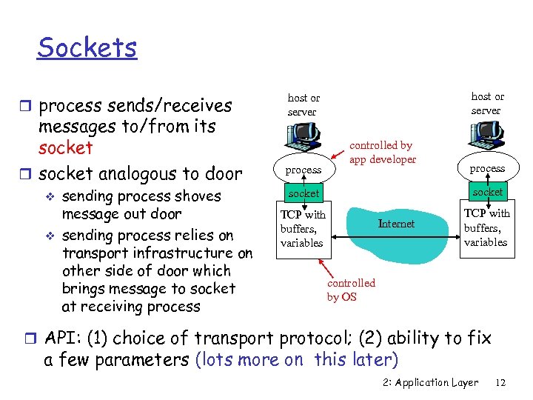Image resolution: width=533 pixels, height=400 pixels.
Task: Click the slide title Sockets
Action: coord(87,48)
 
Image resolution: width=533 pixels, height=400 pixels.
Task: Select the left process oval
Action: coord(304,170)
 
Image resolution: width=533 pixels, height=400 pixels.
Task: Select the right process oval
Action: coord(487,168)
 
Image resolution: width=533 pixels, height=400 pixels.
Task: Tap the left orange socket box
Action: coord(304,193)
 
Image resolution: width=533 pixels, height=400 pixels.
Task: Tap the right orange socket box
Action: coord(487,192)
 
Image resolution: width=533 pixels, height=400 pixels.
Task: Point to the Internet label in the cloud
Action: coord(397,224)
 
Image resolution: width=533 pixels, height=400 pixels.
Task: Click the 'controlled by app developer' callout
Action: coord(383,153)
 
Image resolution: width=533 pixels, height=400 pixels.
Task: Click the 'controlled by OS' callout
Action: coord(351,290)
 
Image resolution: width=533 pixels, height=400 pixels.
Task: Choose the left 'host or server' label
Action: coord(304,104)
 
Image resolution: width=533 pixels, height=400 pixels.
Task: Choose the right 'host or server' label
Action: coord(486,103)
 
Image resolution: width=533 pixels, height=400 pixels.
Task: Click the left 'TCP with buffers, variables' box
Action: coord(303,229)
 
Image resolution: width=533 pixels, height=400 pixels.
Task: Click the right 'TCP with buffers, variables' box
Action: coord(486,227)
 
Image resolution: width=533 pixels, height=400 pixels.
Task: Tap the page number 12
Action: coord(500,383)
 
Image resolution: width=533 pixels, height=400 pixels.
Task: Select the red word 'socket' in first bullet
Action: coord(66,147)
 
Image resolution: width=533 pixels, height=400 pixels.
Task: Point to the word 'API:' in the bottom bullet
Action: coord(63,339)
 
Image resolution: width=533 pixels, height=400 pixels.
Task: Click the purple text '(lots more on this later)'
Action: coord(296,360)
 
